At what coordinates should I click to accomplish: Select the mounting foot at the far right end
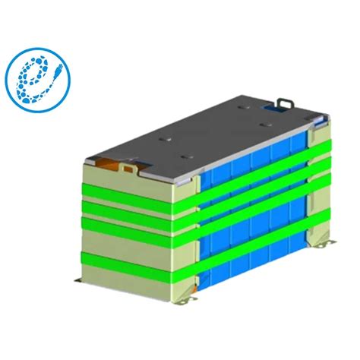point(325,245)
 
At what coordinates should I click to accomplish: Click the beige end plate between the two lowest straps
point(137,255)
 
